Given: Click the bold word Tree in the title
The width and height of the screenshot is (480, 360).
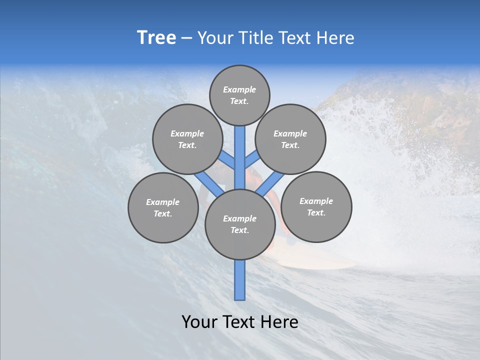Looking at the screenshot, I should coord(156,37).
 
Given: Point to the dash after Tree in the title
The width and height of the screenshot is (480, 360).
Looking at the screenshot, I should coord(186,38).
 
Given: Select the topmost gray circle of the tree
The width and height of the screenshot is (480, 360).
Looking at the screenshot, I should coord(239,95).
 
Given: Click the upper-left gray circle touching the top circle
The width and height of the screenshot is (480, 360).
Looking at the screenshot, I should coord(187,139).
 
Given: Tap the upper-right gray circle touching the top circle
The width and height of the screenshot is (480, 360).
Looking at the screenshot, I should coord(290,139).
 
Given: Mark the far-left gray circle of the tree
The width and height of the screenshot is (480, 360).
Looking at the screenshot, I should coord(163,207).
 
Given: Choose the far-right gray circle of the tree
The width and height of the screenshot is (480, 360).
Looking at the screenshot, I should coord(316,206).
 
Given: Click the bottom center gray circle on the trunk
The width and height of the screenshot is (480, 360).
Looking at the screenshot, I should coord(240,224).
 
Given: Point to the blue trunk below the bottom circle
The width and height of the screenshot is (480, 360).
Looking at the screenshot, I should coord(240,280).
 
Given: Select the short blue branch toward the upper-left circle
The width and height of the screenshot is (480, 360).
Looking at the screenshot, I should coord(228,161).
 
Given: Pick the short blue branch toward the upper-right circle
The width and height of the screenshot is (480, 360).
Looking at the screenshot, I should coord(252,160).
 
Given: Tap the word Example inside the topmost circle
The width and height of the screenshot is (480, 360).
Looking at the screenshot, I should coord(239,89).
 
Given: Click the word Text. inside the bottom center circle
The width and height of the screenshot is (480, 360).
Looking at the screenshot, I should coord(239,230).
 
